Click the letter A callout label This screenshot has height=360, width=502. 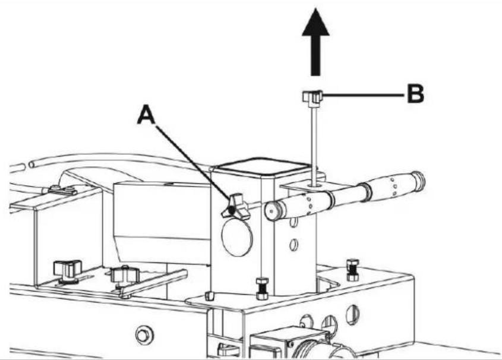[x=146, y=115]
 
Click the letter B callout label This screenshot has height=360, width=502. [x=415, y=94]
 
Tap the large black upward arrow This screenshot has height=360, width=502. [x=315, y=42]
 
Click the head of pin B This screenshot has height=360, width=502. [x=312, y=97]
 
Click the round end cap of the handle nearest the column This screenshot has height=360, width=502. [x=273, y=211]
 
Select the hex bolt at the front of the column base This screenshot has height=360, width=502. [x=262, y=288]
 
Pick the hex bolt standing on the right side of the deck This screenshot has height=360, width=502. [x=352, y=270]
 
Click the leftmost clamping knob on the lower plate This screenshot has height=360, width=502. [x=68, y=270]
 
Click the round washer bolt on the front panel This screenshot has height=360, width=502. [x=143, y=334]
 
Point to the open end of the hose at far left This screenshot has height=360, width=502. [x=32, y=165]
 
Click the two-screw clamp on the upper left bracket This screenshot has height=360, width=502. [x=62, y=191]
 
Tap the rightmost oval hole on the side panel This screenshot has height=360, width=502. [x=352, y=314]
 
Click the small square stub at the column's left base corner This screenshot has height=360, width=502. [x=209, y=296]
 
